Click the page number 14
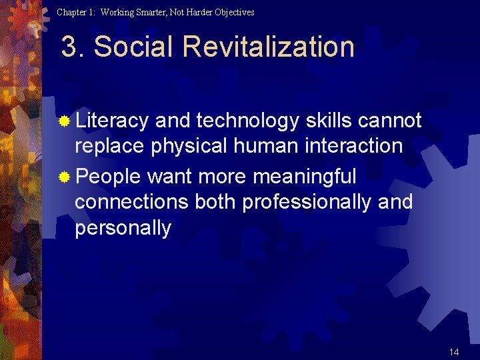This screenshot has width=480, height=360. click(454, 352)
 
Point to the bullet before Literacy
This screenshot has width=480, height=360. click(64, 122)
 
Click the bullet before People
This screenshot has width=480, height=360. click(64, 178)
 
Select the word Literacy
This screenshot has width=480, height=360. click(111, 121)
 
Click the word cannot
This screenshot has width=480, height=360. click(390, 121)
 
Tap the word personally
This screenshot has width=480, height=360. click(123, 229)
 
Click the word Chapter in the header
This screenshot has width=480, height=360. click(71, 12)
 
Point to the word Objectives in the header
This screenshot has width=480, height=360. click(233, 12)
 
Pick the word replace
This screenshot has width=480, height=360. click(110, 146)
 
